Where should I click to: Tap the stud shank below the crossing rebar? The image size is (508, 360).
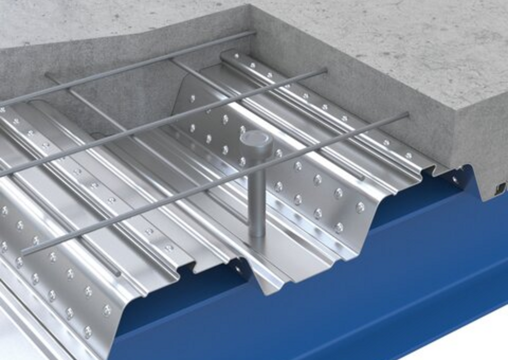257,212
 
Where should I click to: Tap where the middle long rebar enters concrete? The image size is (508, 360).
325,70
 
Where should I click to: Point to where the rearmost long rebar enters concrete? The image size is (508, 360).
255,33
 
